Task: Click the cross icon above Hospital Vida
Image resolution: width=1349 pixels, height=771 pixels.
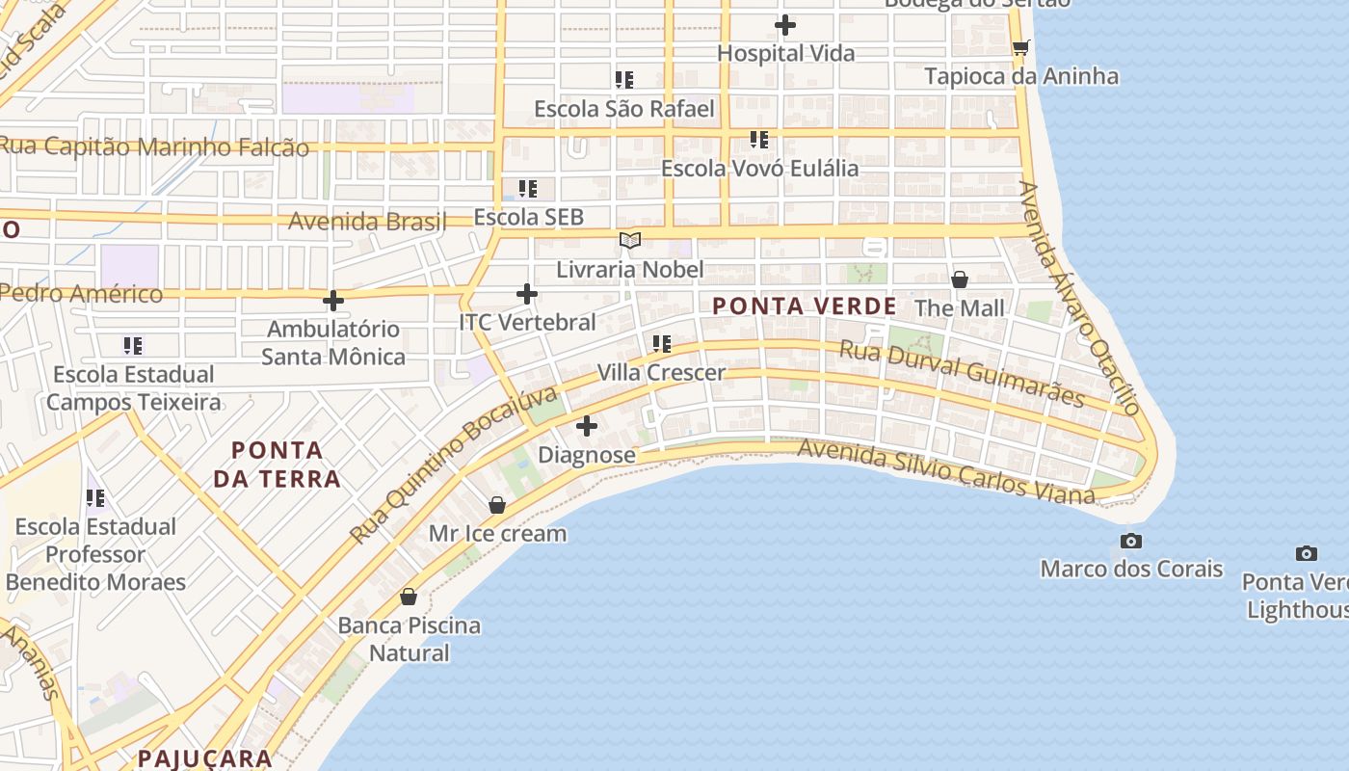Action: tap(785, 24)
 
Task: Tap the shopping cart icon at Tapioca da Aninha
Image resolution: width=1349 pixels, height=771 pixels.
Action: tap(1020, 47)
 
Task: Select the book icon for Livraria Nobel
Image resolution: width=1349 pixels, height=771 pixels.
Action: tap(630, 240)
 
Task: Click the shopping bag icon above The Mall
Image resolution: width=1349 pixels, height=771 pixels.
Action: tap(959, 279)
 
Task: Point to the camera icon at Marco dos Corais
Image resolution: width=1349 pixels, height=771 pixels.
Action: tap(1131, 541)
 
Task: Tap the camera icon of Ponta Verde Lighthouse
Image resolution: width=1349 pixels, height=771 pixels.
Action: tap(1306, 553)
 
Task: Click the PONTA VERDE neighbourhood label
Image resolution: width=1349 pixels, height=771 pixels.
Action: tap(805, 306)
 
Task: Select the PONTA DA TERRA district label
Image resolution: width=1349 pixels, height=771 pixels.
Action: tap(277, 464)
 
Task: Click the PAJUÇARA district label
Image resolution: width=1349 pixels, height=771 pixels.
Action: tap(204, 758)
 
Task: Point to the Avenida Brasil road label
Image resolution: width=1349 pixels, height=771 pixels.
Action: tap(367, 222)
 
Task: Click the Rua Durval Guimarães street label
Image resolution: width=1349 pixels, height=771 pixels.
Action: tap(962, 374)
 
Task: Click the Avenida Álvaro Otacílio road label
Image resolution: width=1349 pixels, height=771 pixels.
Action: tap(1080, 297)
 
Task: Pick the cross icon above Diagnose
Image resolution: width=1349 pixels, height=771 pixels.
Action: tap(586, 426)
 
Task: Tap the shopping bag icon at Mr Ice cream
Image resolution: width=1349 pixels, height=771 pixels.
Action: tap(497, 504)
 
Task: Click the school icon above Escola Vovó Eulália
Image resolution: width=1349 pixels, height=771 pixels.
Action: tap(759, 140)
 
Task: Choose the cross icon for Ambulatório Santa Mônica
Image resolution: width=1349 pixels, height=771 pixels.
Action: tap(333, 301)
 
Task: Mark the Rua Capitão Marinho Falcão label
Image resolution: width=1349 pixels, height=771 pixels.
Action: tap(154, 147)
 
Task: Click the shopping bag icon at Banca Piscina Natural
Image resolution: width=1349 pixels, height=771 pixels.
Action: tap(409, 597)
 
